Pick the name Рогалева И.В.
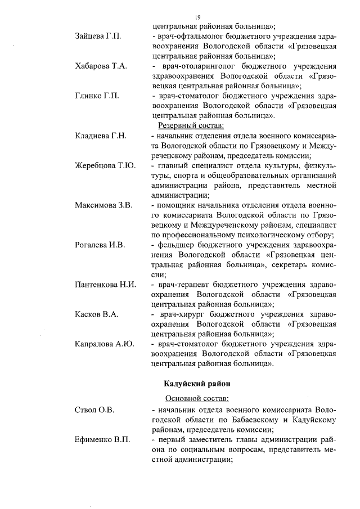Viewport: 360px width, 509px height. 100,245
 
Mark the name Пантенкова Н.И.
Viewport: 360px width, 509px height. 106,285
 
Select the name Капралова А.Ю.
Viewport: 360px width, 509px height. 104,344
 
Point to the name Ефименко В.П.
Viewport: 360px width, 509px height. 102,440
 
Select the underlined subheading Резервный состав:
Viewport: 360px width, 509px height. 191,125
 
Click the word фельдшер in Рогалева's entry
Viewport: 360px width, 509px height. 176,245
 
